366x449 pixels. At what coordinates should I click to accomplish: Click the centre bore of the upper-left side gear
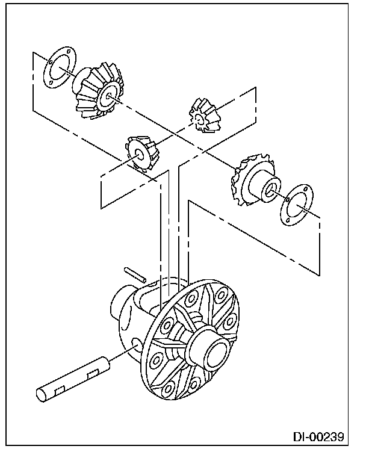pos(109,96)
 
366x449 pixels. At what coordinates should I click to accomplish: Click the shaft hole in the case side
pos(137,344)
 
